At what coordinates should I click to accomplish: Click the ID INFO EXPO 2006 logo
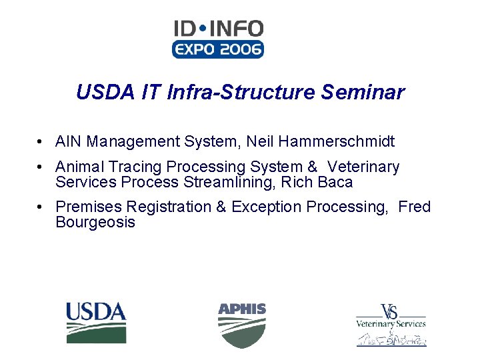(218, 39)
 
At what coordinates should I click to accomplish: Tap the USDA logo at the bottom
(95, 322)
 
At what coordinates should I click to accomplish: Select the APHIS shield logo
(241, 325)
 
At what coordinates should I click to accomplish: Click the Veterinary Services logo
(391, 325)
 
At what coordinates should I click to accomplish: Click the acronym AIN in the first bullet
(69, 141)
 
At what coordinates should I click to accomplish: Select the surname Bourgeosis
(95, 222)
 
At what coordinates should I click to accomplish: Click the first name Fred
(415, 207)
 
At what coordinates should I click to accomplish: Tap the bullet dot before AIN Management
(41, 142)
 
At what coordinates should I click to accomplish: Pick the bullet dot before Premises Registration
(41, 207)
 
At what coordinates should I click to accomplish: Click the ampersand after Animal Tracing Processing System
(311, 167)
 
